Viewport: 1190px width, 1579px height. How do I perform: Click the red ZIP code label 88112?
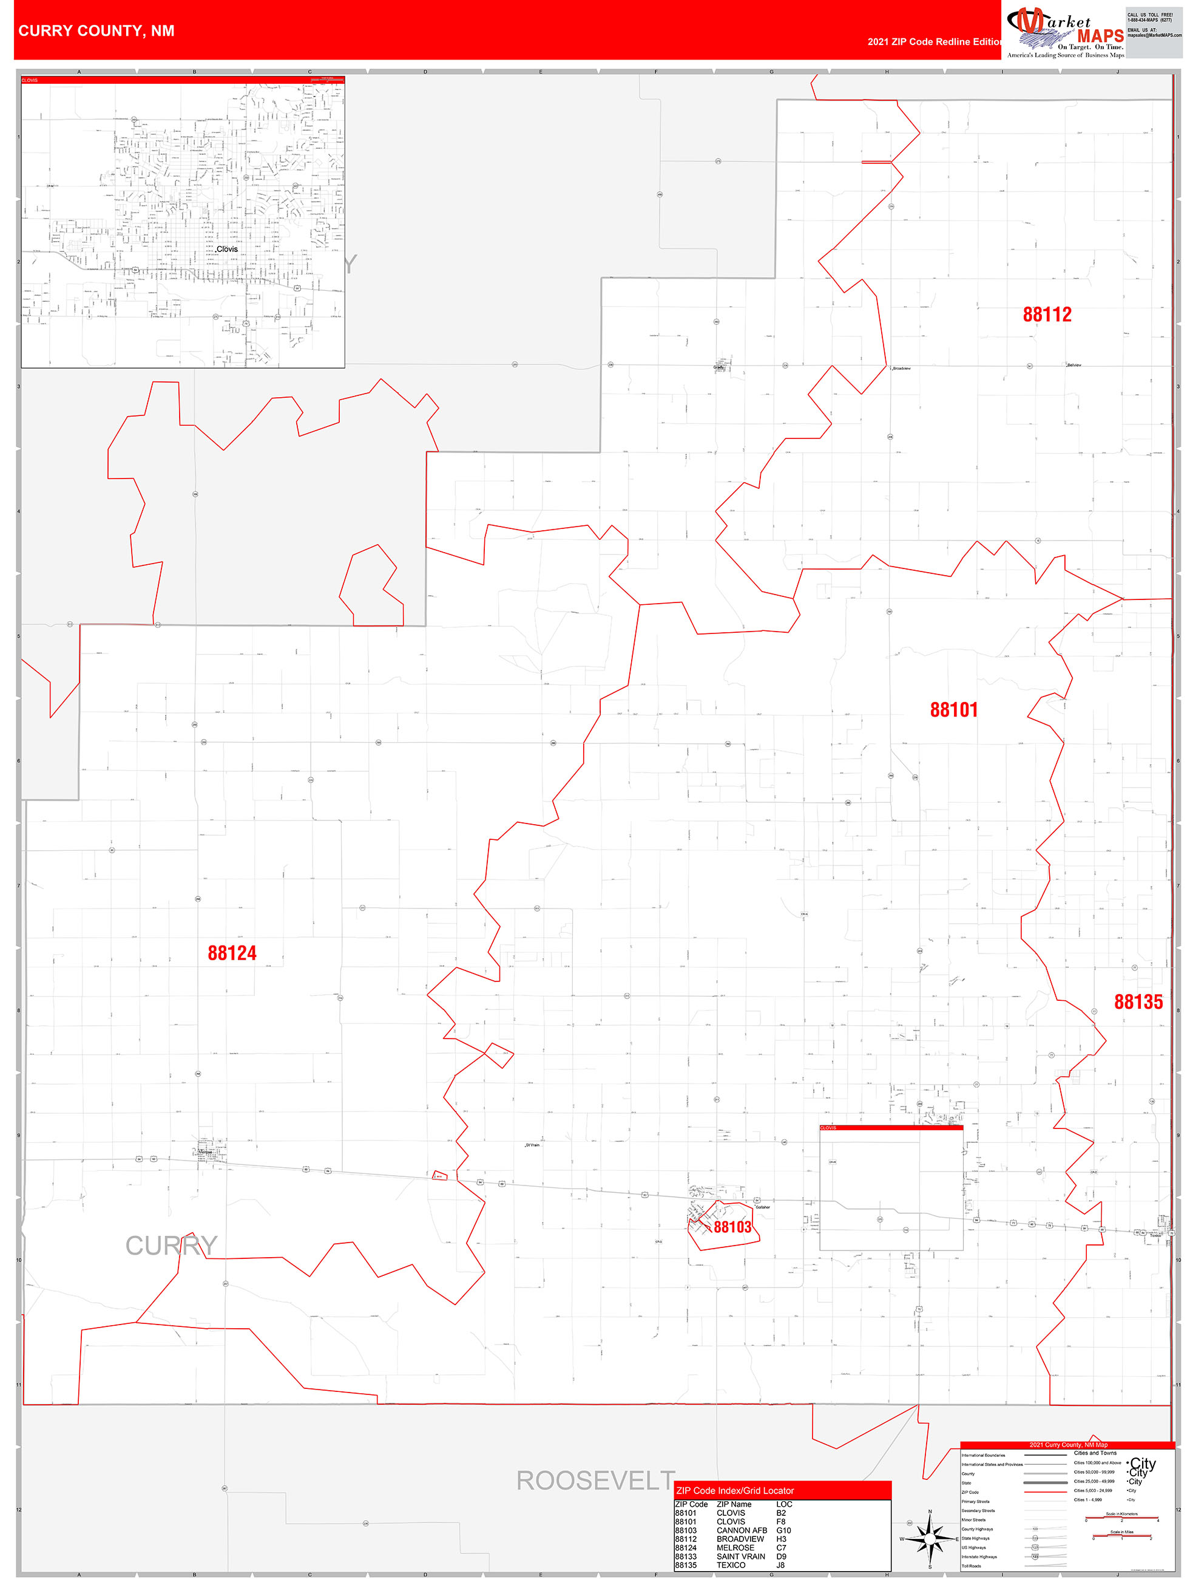point(1047,315)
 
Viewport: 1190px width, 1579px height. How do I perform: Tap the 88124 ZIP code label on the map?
point(232,953)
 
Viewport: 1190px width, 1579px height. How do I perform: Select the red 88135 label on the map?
point(1138,1002)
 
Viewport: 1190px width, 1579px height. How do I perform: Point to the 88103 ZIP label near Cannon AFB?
point(732,1227)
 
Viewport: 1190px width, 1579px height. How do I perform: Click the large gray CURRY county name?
point(171,1246)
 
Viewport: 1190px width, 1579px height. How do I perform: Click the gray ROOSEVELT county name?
point(595,1481)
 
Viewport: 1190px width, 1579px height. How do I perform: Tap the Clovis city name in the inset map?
point(227,249)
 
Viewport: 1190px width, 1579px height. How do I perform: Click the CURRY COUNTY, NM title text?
point(96,31)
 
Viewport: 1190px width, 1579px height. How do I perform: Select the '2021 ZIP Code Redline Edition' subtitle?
point(935,42)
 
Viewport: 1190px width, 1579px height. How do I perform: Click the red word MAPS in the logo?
point(1100,36)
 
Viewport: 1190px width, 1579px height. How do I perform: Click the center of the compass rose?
point(930,1539)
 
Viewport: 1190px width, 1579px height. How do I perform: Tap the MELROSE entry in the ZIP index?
point(735,1547)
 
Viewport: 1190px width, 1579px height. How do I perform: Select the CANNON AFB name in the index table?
point(742,1530)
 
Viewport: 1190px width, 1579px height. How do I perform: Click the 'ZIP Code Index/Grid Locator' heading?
point(735,1490)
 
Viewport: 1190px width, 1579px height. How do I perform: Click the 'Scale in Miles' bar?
point(1121,1535)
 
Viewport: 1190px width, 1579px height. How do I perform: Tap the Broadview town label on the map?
point(902,369)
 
